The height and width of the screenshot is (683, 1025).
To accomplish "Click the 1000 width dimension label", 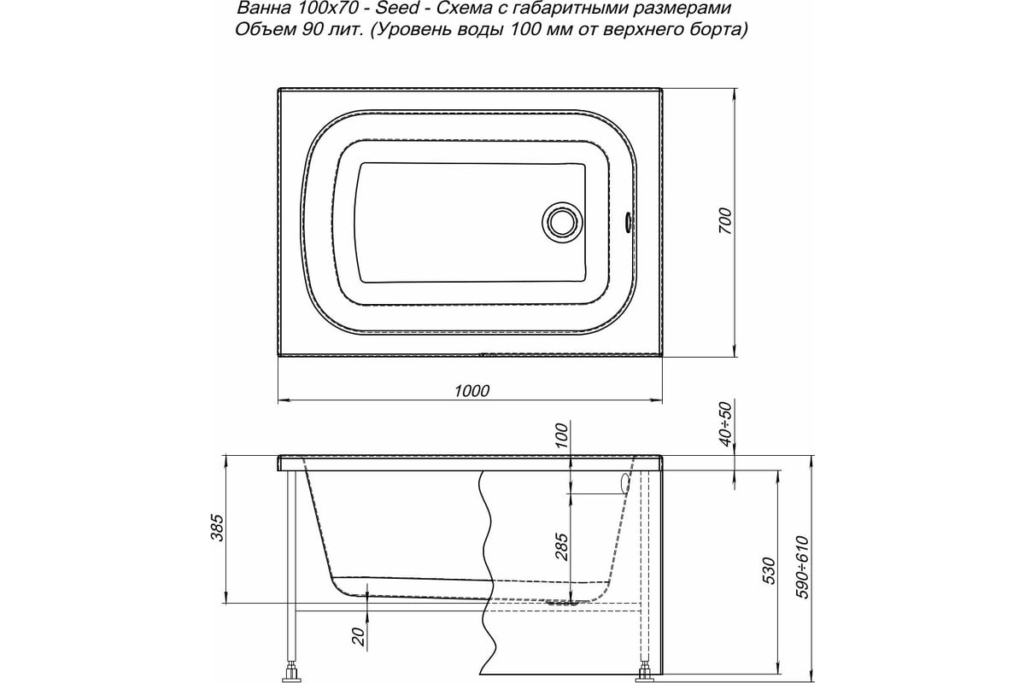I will (471, 390).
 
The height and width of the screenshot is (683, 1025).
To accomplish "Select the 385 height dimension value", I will (216, 529).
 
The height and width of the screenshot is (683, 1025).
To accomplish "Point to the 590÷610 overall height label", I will (800, 568).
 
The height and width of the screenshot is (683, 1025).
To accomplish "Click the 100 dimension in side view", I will (560, 435).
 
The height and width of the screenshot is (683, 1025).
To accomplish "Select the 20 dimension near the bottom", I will (359, 634).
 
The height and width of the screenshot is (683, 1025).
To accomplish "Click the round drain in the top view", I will (562, 222).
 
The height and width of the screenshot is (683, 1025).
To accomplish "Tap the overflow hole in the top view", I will (629, 222).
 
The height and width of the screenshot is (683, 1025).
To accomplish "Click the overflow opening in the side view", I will (624, 483).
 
